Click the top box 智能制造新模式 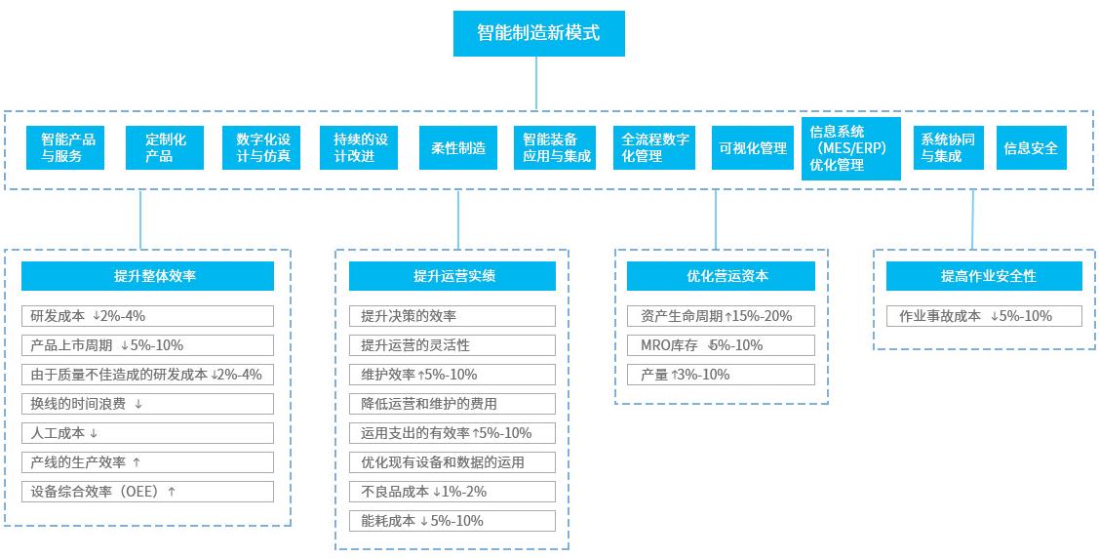(x=538, y=33)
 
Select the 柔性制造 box (x=458, y=148)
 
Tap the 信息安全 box (x=1031, y=148)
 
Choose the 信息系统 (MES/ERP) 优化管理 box (x=851, y=148)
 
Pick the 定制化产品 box (x=165, y=148)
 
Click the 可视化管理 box (x=753, y=148)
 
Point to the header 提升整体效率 (x=147, y=276)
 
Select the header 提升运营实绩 (x=452, y=276)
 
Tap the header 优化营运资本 (x=721, y=276)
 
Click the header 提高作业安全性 (x=983, y=276)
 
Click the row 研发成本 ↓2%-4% (x=147, y=316)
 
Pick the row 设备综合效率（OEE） (x=147, y=492)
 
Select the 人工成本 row (x=147, y=433)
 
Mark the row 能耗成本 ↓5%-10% (x=452, y=521)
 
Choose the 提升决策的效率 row (x=452, y=316)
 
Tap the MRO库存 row (x=721, y=345)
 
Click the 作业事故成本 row (x=983, y=316)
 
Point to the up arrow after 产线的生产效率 (x=137, y=462)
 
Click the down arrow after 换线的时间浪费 (x=138, y=405)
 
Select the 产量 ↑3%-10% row (x=721, y=375)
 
